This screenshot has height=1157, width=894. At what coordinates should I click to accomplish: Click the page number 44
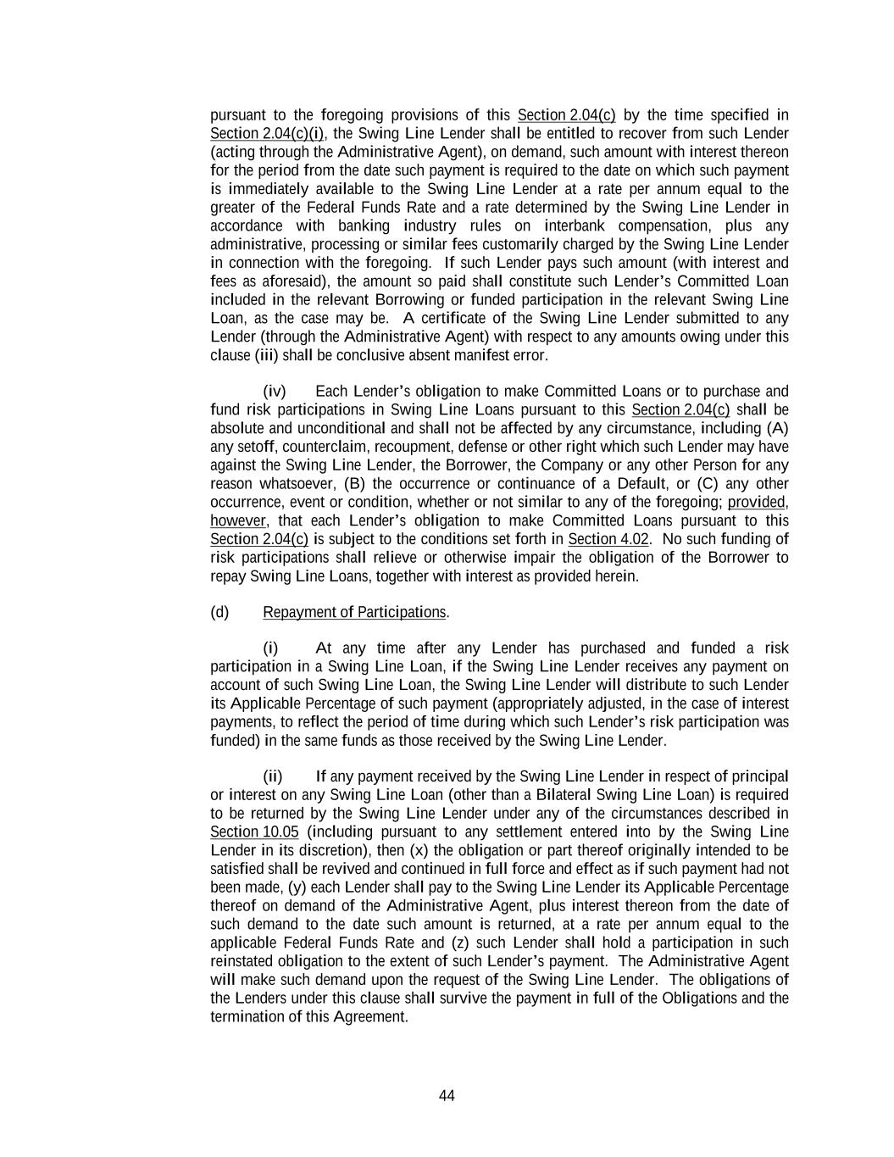[x=447, y=1096]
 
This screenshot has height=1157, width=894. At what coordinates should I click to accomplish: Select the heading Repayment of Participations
[x=354, y=612]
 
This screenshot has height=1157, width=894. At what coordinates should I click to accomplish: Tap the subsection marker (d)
[x=219, y=612]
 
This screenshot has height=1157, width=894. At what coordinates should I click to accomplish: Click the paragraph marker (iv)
[x=275, y=391]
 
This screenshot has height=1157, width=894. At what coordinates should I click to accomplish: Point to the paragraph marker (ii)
[x=273, y=776]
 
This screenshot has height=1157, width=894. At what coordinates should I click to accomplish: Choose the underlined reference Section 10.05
[x=254, y=832]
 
